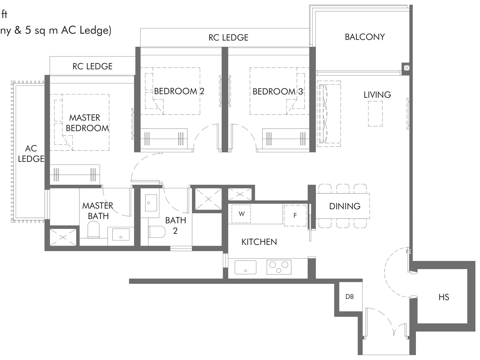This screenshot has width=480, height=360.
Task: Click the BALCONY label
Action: pyautogui.click(x=365, y=37)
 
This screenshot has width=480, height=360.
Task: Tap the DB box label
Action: pyautogui.click(x=350, y=297)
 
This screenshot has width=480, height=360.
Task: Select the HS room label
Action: pyautogui.click(x=444, y=297)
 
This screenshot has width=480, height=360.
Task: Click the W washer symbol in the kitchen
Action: pyautogui.click(x=241, y=214)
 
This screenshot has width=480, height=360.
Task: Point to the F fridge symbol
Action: pyautogui.click(x=295, y=215)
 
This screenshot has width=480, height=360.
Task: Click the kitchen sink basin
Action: pyautogui.click(x=245, y=267)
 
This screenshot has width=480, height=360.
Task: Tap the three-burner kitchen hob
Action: pyautogui.click(x=279, y=267)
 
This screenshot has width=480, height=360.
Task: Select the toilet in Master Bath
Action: pyautogui.click(x=94, y=230)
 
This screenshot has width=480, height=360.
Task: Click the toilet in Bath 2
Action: pyautogui.click(x=157, y=232)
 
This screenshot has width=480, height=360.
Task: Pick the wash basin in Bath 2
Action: pyautogui.click(x=151, y=203)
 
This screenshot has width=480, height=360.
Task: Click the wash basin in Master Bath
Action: pyautogui.click(x=121, y=234)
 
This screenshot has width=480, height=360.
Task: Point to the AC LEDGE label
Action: pyautogui.click(x=31, y=154)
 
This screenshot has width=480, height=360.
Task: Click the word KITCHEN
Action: pyautogui.click(x=259, y=242)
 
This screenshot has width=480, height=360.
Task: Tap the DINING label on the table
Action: pyautogui.click(x=345, y=206)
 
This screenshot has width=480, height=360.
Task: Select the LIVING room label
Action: pyautogui.click(x=377, y=95)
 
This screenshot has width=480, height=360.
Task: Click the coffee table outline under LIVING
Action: pyautogui.click(x=375, y=114)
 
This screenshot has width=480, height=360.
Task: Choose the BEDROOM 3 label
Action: pyautogui.click(x=278, y=92)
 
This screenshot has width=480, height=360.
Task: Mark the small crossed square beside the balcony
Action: pyautogui.click(x=406, y=68)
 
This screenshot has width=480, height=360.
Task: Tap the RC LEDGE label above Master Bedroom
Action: pyautogui.click(x=93, y=66)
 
